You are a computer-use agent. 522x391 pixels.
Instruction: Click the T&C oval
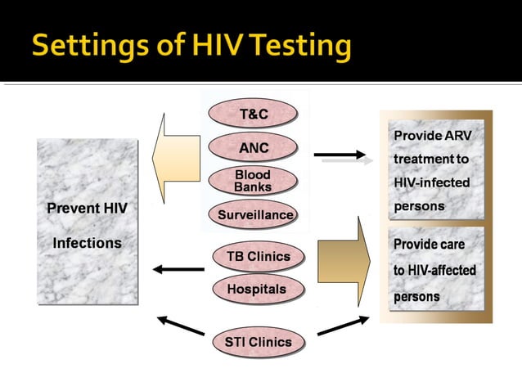click(x=253, y=113)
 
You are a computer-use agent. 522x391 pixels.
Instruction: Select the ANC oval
click(x=253, y=148)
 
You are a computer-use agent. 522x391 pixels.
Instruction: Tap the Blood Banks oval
click(x=253, y=181)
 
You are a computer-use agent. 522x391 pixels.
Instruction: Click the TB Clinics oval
click(x=258, y=256)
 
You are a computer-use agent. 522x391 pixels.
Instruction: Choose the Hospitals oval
click(x=256, y=289)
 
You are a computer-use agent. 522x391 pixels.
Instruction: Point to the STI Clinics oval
click(x=258, y=342)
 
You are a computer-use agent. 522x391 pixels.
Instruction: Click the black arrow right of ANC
click(x=340, y=154)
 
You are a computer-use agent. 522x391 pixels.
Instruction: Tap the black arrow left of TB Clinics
click(x=178, y=269)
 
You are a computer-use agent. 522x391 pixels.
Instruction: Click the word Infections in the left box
click(x=87, y=243)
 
